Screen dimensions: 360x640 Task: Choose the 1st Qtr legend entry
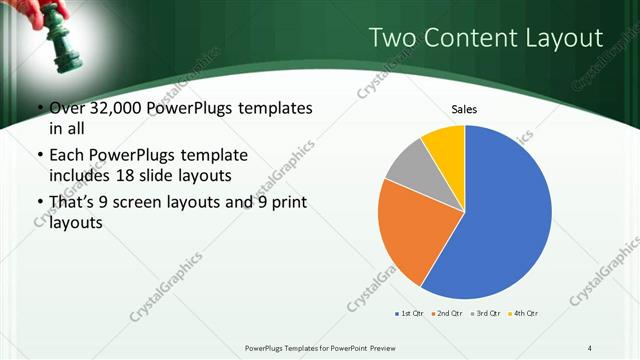coord(409,314)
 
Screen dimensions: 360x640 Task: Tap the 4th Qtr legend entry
coord(524,314)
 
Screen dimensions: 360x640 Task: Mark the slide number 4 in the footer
coord(590,347)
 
